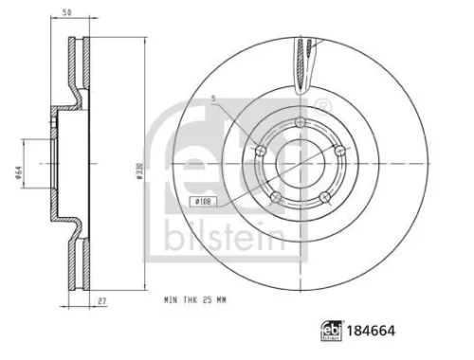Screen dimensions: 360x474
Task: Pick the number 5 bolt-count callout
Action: click(x=215, y=98)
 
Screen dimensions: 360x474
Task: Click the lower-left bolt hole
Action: click(x=275, y=196)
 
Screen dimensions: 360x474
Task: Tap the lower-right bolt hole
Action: click(x=324, y=196)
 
